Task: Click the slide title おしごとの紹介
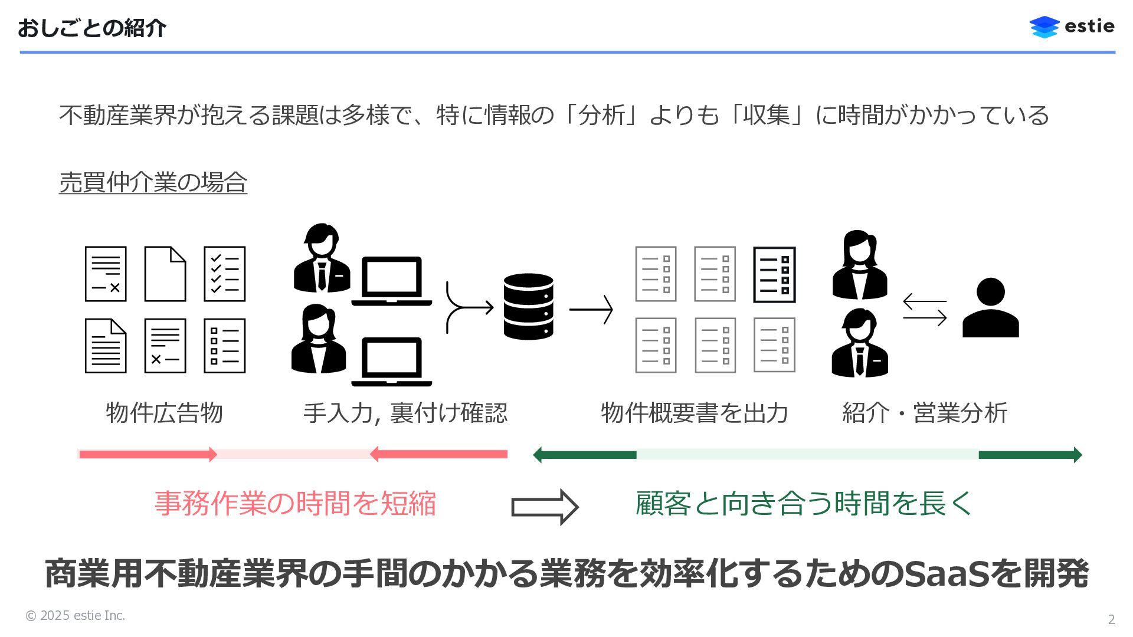tap(92, 28)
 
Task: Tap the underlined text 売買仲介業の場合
tap(153, 182)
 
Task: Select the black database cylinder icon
tap(528, 306)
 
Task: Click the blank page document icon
tap(165, 274)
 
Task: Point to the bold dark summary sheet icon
tap(774, 275)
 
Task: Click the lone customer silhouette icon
tap(990, 308)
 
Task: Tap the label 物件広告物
tap(164, 412)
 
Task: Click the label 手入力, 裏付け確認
tap(405, 412)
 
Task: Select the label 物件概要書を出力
tap(694, 412)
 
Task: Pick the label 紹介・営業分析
tap(924, 412)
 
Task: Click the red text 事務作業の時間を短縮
tap(295, 504)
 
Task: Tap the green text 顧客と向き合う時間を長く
tap(804, 504)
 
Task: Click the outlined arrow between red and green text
tap(544, 507)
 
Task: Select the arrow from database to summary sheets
tap(591, 309)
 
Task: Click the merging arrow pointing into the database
tap(469, 307)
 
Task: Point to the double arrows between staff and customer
tap(925, 310)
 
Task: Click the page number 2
tap(1111, 619)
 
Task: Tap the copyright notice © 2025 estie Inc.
tap(75, 616)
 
